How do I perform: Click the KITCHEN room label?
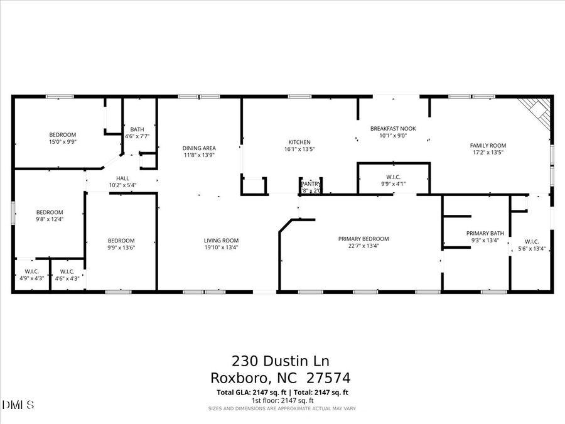coord(299,142)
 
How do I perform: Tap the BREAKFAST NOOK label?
coord(393,128)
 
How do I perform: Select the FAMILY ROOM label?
coord(488,145)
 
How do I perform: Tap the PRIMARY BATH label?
coord(485,233)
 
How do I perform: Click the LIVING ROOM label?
coord(221,241)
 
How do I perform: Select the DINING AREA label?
coord(199,148)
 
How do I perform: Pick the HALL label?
coord(122,178)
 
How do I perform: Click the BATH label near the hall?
coord(137,129)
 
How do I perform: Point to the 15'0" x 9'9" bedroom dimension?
coord(63,142)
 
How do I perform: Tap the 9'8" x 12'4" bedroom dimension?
coord(50,219)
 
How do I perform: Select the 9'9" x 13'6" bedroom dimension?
coord(121,247)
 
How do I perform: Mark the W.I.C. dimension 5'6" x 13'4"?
coord(531,247)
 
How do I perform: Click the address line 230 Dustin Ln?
coord(281,361)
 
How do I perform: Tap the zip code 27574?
coord(328,378)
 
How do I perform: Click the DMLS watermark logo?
coord(18,404)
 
